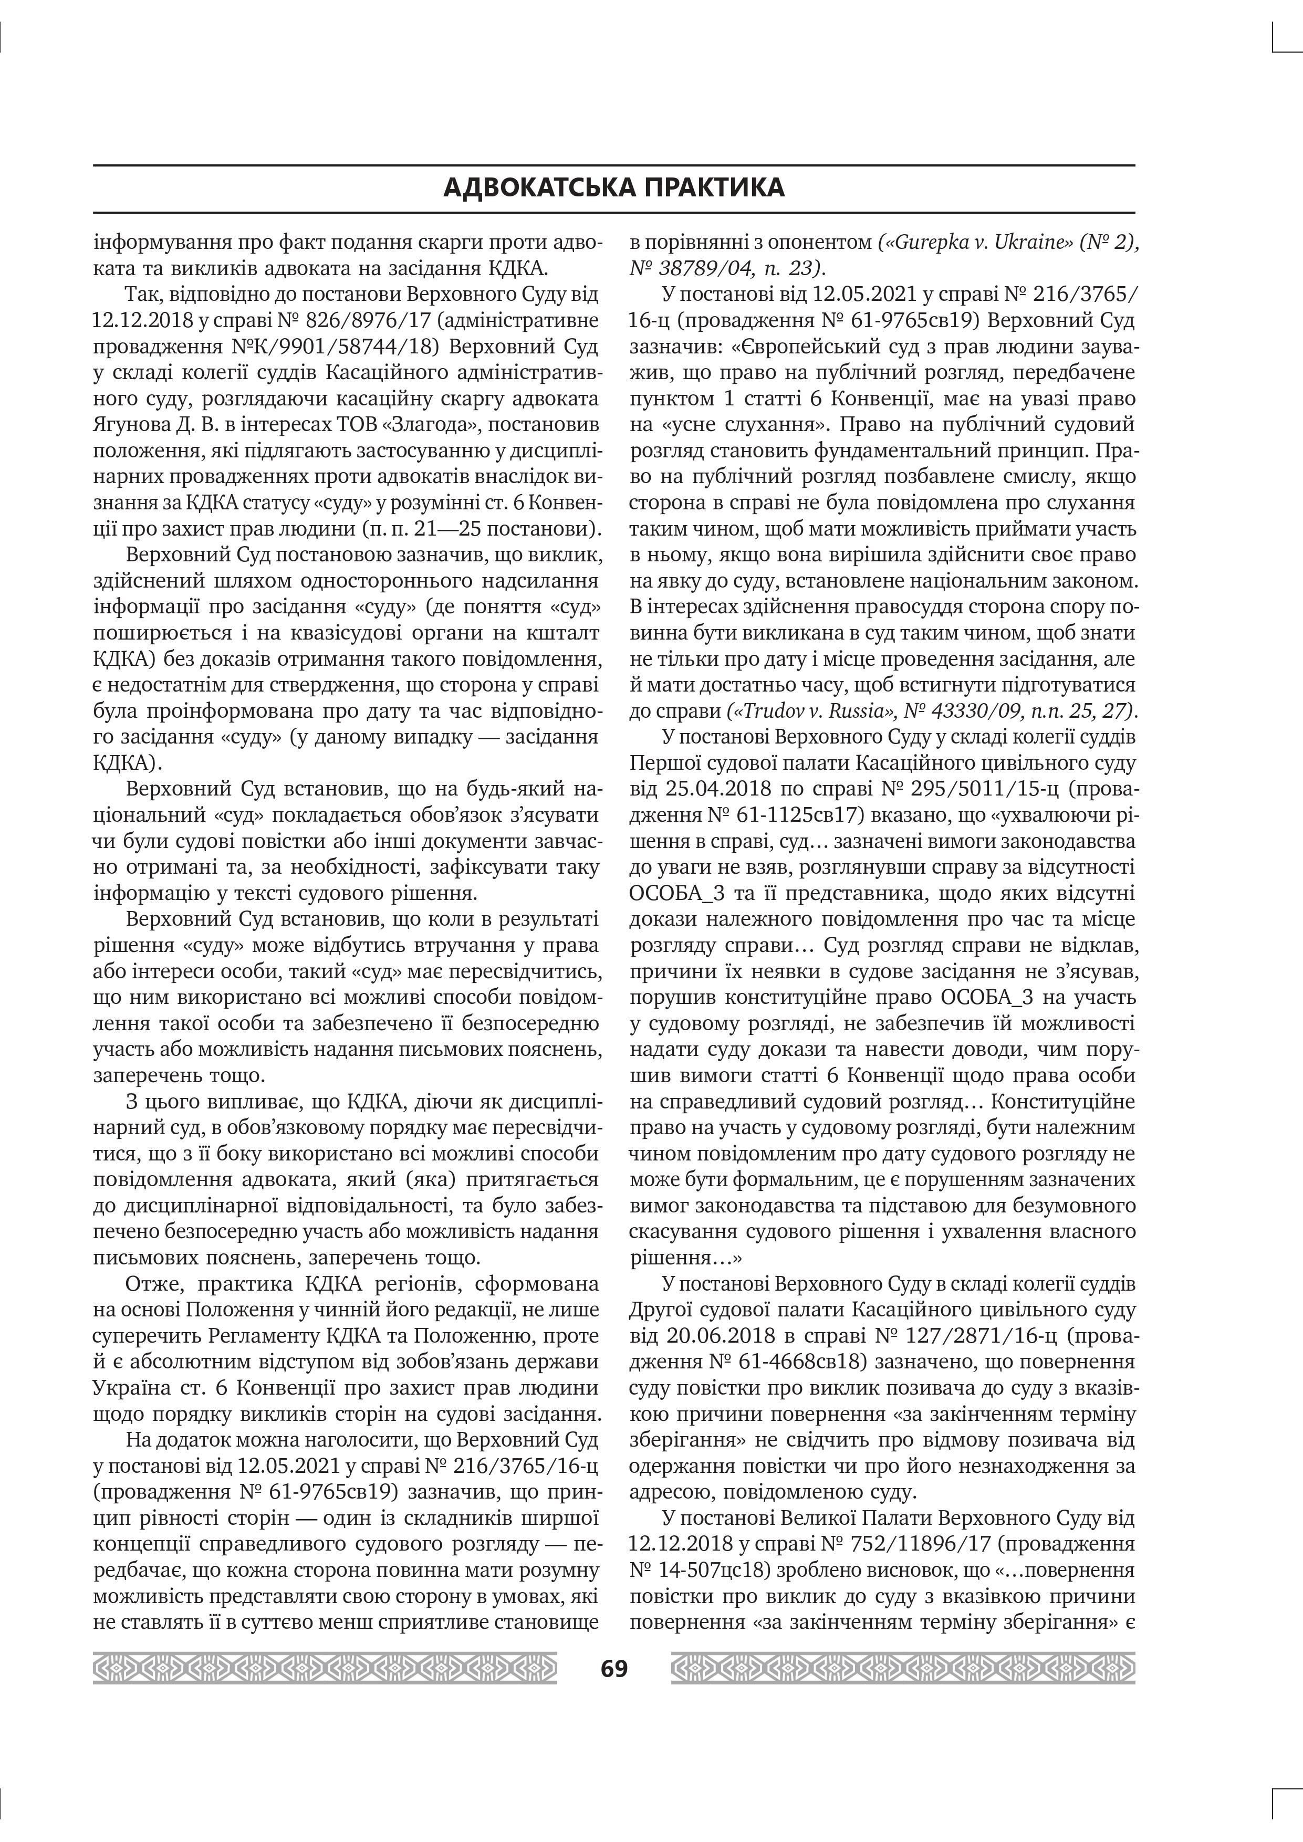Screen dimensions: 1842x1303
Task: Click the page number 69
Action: point(614,1668)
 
